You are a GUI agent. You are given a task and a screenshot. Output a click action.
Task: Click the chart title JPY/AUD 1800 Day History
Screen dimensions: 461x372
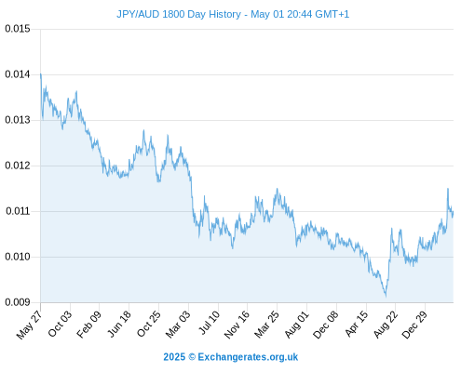pyautogui.click(x=179, y=14)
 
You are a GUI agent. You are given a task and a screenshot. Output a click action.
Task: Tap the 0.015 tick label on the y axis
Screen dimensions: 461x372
pyautogui.click(x=18, y=29)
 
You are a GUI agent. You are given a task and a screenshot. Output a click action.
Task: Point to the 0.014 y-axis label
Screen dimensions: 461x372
pyautogui.click(x=18, y=74)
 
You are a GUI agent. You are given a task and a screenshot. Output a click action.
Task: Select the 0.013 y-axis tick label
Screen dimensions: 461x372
pyautogui.click(x=18, y=120)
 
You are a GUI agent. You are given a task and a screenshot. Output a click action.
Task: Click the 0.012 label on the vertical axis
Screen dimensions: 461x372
pyautogui.click(x=18, y=166)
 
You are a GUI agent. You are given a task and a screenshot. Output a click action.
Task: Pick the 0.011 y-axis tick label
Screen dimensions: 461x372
pyautogui.click(x=19, y=211)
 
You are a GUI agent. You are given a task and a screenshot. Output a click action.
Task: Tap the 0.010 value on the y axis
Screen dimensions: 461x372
pyautogui.click(x=18, y=257)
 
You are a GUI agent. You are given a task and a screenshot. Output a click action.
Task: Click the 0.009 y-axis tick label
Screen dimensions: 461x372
pyautogui.click(x=18, y=302)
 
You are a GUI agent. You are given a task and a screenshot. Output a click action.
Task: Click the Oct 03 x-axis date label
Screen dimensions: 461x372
pyautogui.click(x=60, y=324)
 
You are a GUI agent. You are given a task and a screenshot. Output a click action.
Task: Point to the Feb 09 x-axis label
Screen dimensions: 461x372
pyautogui.click(x=89, y=325)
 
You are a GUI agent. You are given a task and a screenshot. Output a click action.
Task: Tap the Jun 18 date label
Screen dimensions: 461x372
pyautogui.click(x=119, y=325)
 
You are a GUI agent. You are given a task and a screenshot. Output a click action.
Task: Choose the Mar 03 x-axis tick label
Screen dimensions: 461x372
pyautogui.click(x=178, y=325)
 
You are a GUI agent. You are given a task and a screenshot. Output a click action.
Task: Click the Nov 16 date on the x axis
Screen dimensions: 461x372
pyautogui.click(x=237, y=325)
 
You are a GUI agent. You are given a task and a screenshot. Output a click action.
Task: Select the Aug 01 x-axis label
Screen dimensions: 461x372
pyautogui.click(x=297, y=325)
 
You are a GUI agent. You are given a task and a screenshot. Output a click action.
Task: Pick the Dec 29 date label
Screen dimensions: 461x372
pyautogui.click(x=414, y=325)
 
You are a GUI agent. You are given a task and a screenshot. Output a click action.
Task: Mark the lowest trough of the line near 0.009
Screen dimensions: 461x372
pyautogui.click(x=386, y=296)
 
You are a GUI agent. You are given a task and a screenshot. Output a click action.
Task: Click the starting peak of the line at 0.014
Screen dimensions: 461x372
pyautogui.click(x=41, y=74)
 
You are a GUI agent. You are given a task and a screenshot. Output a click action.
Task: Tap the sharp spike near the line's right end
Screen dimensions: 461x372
pyautogui.click(x=448, y=189)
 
